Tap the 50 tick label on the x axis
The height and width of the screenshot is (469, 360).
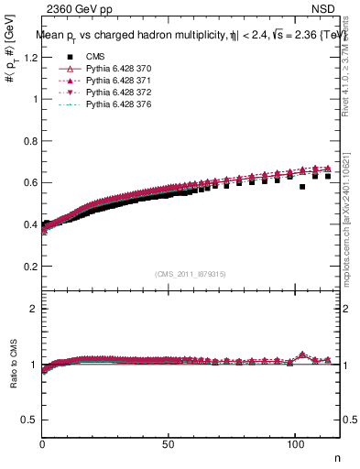(168, 444)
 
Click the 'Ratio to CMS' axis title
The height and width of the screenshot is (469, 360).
(13, 366)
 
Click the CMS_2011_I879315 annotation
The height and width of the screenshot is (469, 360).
(191, 273)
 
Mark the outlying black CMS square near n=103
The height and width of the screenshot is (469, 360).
(302, 187)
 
